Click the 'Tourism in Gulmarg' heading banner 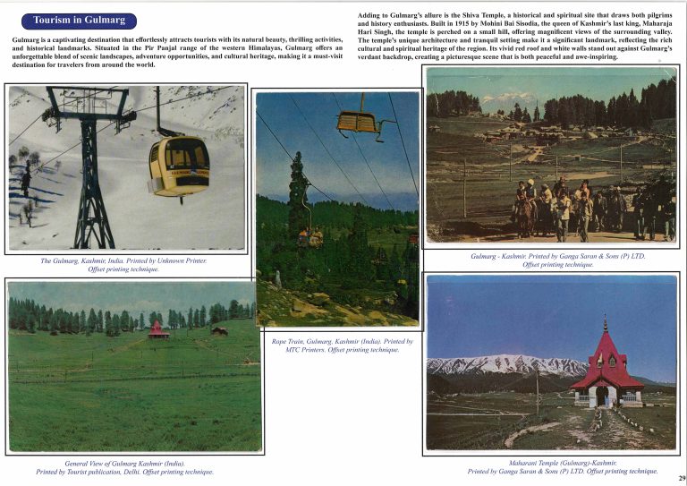pyautogui.click(x=79, y=20)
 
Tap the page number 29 pyautogui.click(x=681, y=479)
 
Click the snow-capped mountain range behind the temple pyautogui.click(x=501, y=364)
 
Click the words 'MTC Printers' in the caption pyautogui.click(x=308, y=350)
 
